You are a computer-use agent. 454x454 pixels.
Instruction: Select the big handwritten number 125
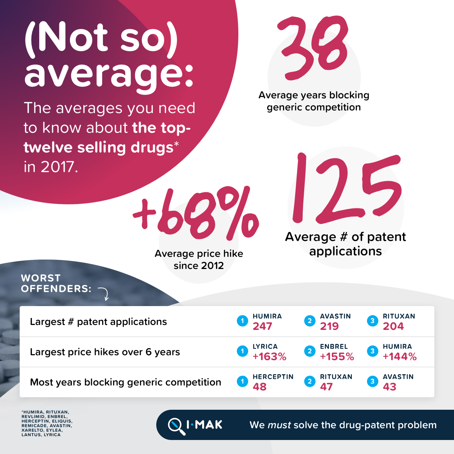point(346,189)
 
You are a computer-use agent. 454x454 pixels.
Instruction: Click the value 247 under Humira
point(263,327)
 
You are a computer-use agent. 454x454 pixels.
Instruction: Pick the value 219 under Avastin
point(330,327)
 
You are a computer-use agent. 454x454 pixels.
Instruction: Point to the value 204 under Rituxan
point(393,327)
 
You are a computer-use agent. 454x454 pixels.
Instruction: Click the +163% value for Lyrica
point(269,357)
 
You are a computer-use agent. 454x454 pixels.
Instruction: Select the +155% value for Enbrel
point(337,357)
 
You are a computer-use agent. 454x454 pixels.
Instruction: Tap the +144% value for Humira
point(400,357)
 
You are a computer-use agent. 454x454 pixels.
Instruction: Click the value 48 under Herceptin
point(260,387)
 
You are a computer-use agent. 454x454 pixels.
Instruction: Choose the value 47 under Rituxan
point(326,387)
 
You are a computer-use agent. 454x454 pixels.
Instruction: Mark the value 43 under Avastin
point(390,387)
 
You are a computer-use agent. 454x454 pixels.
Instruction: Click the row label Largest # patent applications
point(98,322)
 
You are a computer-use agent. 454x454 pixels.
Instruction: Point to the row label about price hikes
point(105,352)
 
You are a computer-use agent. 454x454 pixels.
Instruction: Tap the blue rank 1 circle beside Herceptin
point(243,381)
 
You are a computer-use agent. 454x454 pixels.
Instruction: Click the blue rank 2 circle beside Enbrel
point(309,351)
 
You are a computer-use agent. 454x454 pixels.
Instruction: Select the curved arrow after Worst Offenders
point(104,294)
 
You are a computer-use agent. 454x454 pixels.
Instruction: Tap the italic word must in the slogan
point(279,425)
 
